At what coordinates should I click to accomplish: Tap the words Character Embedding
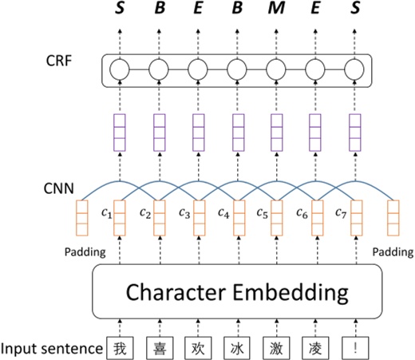pos(237,292)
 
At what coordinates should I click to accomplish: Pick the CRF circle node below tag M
pos(276,70)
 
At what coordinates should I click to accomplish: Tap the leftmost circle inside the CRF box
pos(119,70)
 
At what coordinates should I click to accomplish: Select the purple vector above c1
pos(119,133)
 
